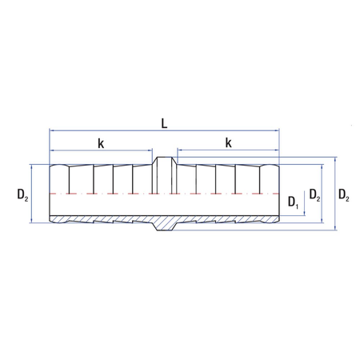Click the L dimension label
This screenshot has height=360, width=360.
(164, 123)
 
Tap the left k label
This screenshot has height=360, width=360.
(101, 143)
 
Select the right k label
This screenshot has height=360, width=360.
(228, 142)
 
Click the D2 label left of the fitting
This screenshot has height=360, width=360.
(22, 194)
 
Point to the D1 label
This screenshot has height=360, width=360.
(294, 202)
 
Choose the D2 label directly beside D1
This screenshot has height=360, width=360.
(314, 194)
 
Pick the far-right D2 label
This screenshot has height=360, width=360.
(344, 194)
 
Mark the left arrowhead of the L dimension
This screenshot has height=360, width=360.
(52, 130)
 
